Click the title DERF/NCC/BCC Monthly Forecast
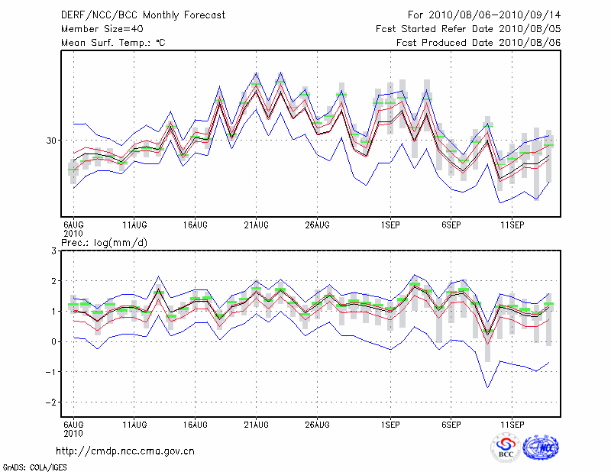[143, 15]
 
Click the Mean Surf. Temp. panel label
[113, 42]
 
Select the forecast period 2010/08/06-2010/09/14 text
[484, 15]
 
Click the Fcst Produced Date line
[478, 42]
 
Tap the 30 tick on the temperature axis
[52, 141]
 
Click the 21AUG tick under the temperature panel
[256, 225]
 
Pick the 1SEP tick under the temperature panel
[391, 225]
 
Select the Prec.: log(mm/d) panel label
[104, 242]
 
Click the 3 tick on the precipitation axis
[54, 251]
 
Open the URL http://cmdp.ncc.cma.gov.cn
[126, 451]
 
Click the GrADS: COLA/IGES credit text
[25, 466]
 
